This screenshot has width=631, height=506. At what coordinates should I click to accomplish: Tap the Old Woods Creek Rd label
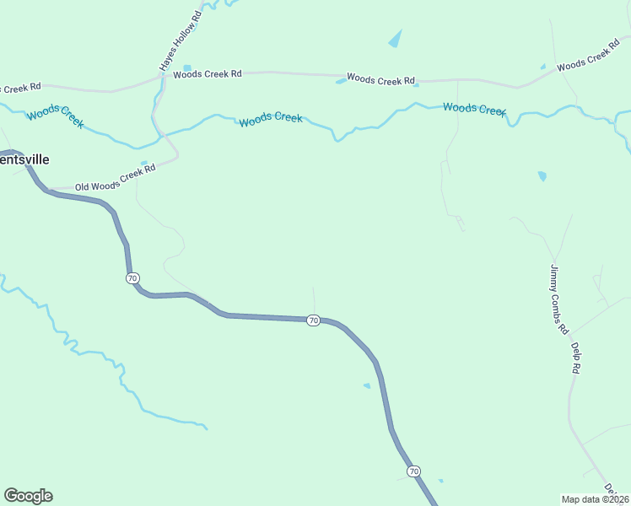[x=116, y=180]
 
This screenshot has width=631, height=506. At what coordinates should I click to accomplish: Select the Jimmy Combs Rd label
[x=559, y=299]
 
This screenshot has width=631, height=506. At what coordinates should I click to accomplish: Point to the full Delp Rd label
[x=575, y=358]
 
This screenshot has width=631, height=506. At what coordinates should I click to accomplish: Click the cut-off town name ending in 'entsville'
[x=24, y=159]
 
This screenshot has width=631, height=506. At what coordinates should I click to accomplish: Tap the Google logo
[x=28, y=496]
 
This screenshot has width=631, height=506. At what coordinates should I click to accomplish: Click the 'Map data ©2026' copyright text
[x=596, y=498]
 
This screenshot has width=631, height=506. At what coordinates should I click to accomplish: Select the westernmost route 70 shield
[x=132, y=277]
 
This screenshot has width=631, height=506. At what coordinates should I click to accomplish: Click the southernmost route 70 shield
[x=413, y=471]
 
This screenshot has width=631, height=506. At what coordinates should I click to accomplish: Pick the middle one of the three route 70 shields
[x=313, y=320]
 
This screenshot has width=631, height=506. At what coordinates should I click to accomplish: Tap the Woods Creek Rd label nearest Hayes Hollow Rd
[x=208, y=74]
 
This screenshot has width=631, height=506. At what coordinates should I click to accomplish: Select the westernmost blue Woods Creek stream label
[x=55, y=117]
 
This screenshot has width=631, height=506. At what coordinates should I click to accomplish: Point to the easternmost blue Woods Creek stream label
[x=474, y=109]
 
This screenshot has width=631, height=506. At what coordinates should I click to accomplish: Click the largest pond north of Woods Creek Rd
[x=395, y=39]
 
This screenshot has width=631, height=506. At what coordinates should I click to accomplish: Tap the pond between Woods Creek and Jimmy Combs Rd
[x=542, y=176]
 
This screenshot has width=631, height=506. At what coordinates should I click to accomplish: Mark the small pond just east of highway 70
[x=366, y=386]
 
